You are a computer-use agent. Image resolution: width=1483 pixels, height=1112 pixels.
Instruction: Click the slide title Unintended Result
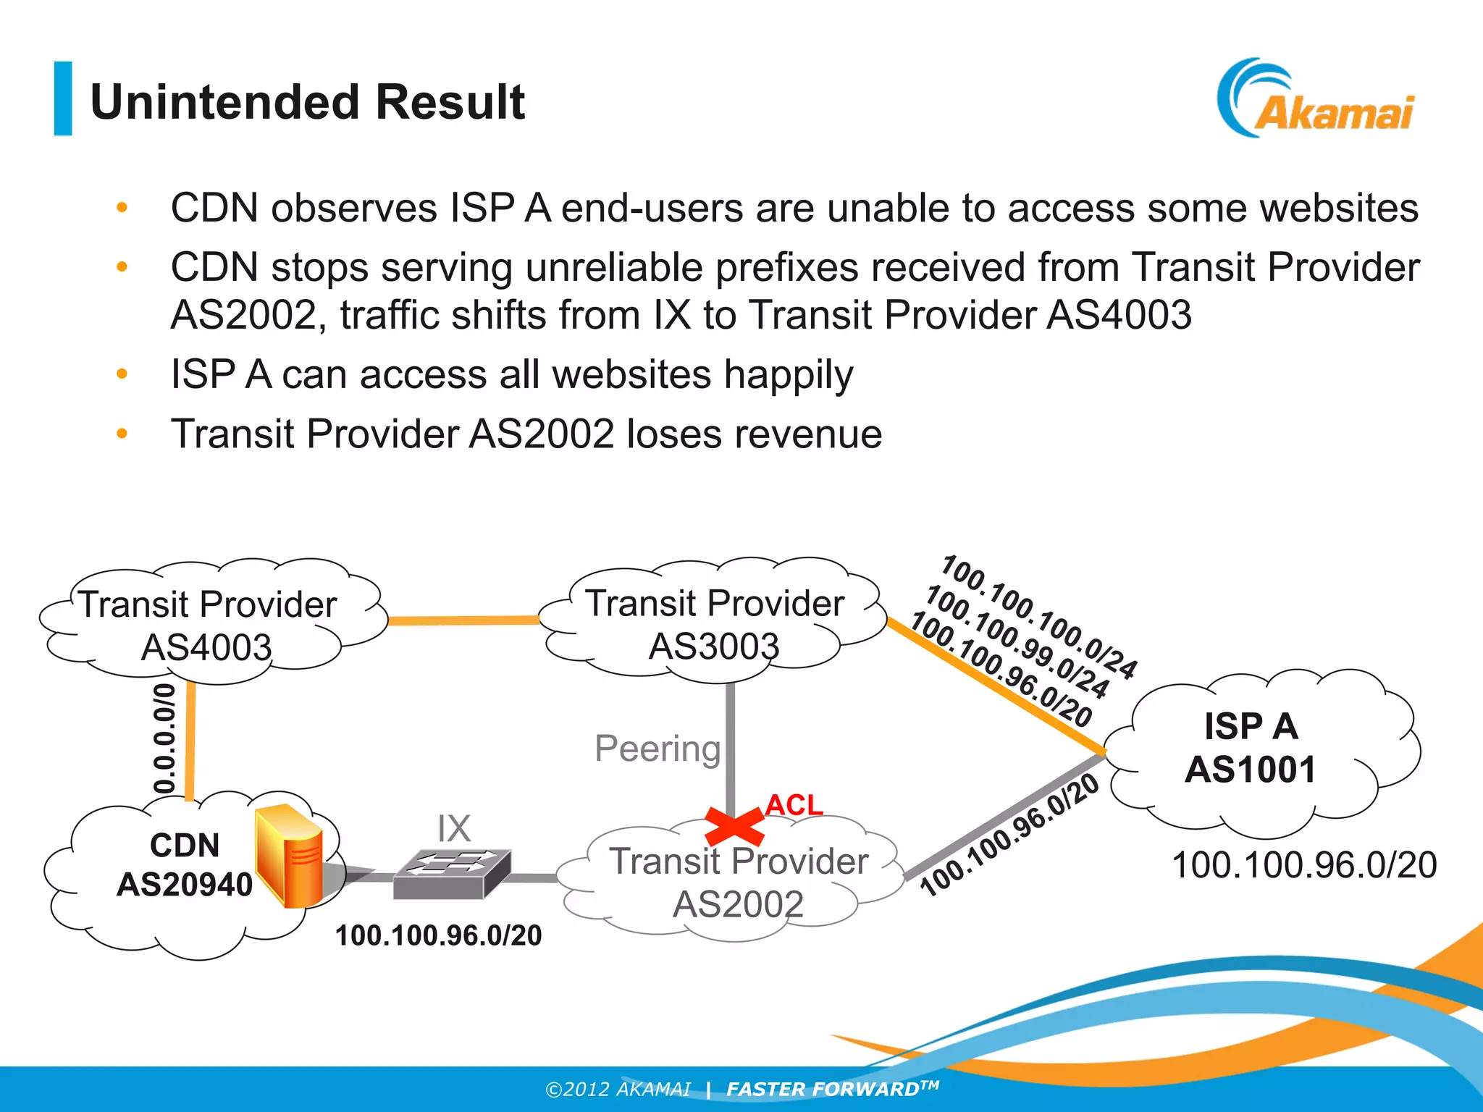(x=307, y=101)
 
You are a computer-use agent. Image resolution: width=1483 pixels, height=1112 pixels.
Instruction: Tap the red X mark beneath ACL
(x=734, y=827)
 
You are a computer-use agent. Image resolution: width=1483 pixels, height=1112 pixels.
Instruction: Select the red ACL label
(x=794, y=804)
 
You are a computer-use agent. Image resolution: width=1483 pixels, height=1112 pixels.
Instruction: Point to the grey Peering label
(x=658, y=749)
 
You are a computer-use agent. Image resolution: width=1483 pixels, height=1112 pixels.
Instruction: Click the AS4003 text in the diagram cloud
(x=206, y=646)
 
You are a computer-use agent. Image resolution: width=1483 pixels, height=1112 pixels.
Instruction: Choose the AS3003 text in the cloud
(x=714, y=646)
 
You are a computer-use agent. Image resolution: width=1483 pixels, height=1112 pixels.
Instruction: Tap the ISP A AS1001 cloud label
(x=1251, y=748)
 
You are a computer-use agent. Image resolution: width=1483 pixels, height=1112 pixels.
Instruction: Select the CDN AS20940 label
(x=185, y=865)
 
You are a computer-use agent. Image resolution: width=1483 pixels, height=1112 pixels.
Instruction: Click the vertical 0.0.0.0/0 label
(x=165, y=738)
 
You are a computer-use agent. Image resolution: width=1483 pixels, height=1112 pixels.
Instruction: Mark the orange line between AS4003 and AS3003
(x=463, y=620)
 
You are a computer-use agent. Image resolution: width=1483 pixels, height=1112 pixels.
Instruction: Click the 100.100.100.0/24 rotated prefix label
(x=1040, y=616)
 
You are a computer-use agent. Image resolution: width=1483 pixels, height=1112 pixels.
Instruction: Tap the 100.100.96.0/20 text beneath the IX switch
(x=438, y=935)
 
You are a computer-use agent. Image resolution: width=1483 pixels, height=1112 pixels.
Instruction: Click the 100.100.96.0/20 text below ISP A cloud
(x=1304, y=865)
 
